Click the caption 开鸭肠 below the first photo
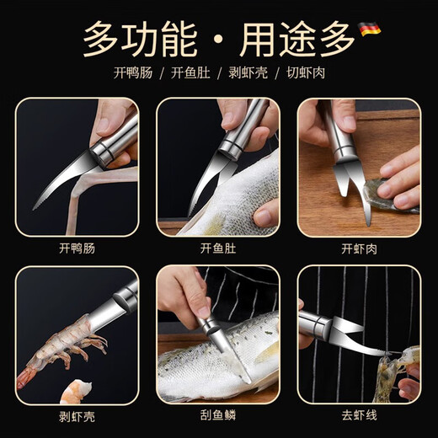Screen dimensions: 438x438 77,248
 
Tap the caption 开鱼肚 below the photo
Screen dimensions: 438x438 217,248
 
